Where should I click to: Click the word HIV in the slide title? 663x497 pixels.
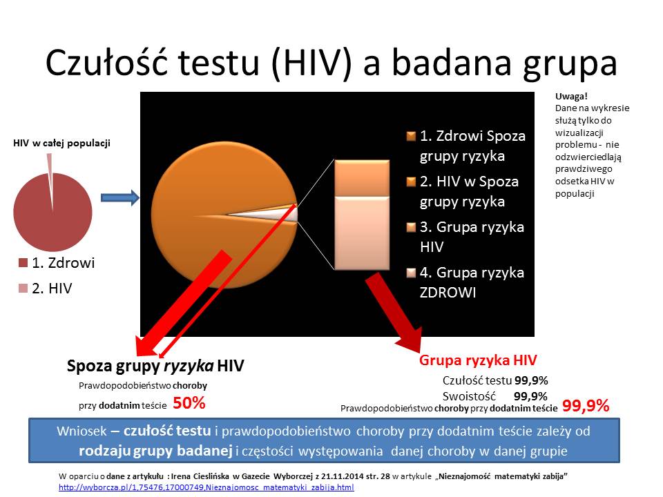pos(312,63)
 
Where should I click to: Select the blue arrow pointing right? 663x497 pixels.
pos(120,198)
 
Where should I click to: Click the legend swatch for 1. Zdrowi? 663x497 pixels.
pos(23,263)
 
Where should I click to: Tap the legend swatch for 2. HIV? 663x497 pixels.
pos(23,289)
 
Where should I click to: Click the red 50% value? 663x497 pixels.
pos(189,403)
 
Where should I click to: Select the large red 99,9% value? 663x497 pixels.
pos(586,406)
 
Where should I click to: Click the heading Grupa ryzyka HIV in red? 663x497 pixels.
pos(478,360)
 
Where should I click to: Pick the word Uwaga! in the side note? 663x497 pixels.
pos(571,97)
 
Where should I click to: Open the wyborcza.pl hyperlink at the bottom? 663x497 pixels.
pos(206,487)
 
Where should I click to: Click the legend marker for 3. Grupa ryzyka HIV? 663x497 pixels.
pos(411,227)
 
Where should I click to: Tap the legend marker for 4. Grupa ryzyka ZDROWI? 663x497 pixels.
pos(411,273)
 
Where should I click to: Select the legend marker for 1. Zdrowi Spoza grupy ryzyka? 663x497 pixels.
pos(411,136)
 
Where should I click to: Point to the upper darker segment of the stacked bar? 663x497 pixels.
pos(362,178)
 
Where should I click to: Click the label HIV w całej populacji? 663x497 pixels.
pos(61,143)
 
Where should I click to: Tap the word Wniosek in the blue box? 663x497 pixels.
pos(81,431)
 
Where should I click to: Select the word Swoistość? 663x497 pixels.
pos(469,396)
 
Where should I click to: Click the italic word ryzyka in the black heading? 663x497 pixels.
pos(189,366)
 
